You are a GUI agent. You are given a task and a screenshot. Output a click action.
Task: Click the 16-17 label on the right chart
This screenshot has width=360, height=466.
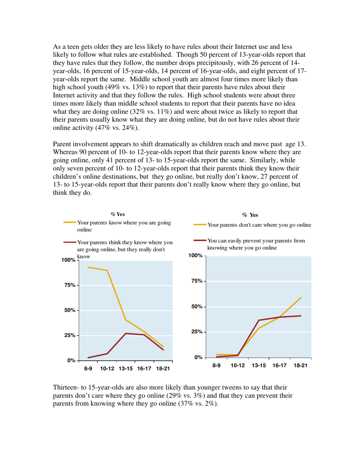(x=280, y=366)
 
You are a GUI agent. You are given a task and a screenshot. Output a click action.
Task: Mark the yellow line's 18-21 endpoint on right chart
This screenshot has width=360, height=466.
(x=301, y=298)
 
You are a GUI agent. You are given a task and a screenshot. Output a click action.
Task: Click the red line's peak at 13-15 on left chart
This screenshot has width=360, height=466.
(x=126, y=333)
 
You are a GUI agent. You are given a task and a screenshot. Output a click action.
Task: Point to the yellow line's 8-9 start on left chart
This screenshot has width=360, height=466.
(x=88, y=267)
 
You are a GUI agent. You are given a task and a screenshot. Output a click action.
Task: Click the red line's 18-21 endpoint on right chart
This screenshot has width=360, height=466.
(x=301, y=316)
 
